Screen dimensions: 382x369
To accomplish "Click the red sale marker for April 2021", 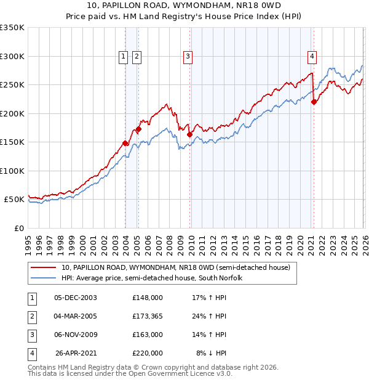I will click(x=314, y=102).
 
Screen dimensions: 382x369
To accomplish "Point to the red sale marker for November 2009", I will click(x=189, y=134).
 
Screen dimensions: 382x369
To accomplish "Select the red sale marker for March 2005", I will click(x=138, y=129).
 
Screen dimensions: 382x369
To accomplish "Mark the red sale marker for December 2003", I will click(x=125, y=143).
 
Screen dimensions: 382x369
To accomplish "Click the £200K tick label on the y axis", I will click(x=12, y=113).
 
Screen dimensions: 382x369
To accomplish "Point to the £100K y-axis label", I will click(x=12, y=171).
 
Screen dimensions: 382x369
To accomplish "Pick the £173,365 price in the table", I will click(x=148, y=316).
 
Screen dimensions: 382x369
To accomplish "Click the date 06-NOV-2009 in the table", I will click(x=76, y=335).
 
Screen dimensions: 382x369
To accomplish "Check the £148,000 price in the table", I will click(x=148, y=298).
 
